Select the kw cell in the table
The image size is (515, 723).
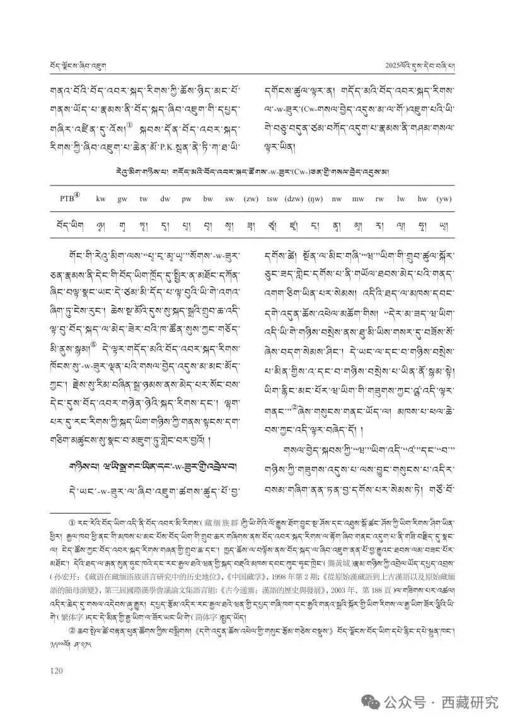click(x=101, y=199)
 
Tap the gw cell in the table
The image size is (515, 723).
click(x=122, y=199)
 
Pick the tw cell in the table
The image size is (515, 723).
click(x=144, y=199)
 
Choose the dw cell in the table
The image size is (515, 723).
click(x=165, y=199)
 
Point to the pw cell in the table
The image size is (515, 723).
click(x=187, y=199)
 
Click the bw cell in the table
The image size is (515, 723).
click(x=208, y=199)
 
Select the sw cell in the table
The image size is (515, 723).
click(x=229, y=199)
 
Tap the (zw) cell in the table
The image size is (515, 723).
click(x=251, y=199)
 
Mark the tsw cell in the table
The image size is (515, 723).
click(x=272, y=199)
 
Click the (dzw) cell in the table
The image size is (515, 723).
click(x=294, y=199)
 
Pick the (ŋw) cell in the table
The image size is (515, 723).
click(x=315, y=199)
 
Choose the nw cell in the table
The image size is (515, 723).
click(x=337, y=199)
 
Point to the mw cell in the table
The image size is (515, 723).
click(x=358, y=199)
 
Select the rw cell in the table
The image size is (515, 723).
click(x=379, y=199)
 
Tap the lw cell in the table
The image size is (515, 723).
click(x=401, y=199)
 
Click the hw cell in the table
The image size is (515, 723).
click(x=422, y=199)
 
